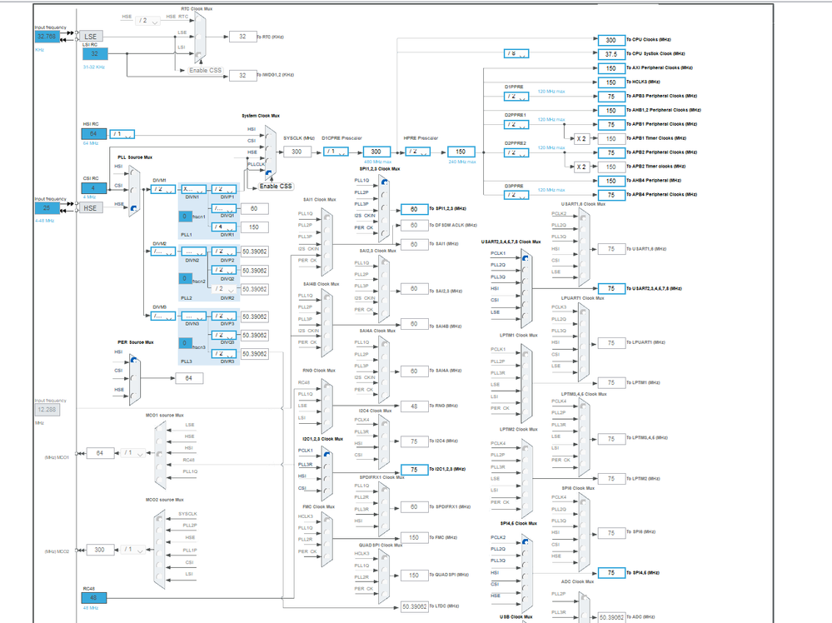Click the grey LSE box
92,37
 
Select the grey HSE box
92,207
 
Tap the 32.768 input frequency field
45,37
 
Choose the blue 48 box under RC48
95,596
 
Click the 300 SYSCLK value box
296,152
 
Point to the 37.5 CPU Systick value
610,53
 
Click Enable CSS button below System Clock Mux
275,186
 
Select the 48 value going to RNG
414,406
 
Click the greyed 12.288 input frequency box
48,410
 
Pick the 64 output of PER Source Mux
189,378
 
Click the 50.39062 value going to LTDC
414,606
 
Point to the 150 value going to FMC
414,537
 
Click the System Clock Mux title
261,116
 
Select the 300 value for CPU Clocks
610,40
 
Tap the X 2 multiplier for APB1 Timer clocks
583,138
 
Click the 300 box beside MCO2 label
100,550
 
